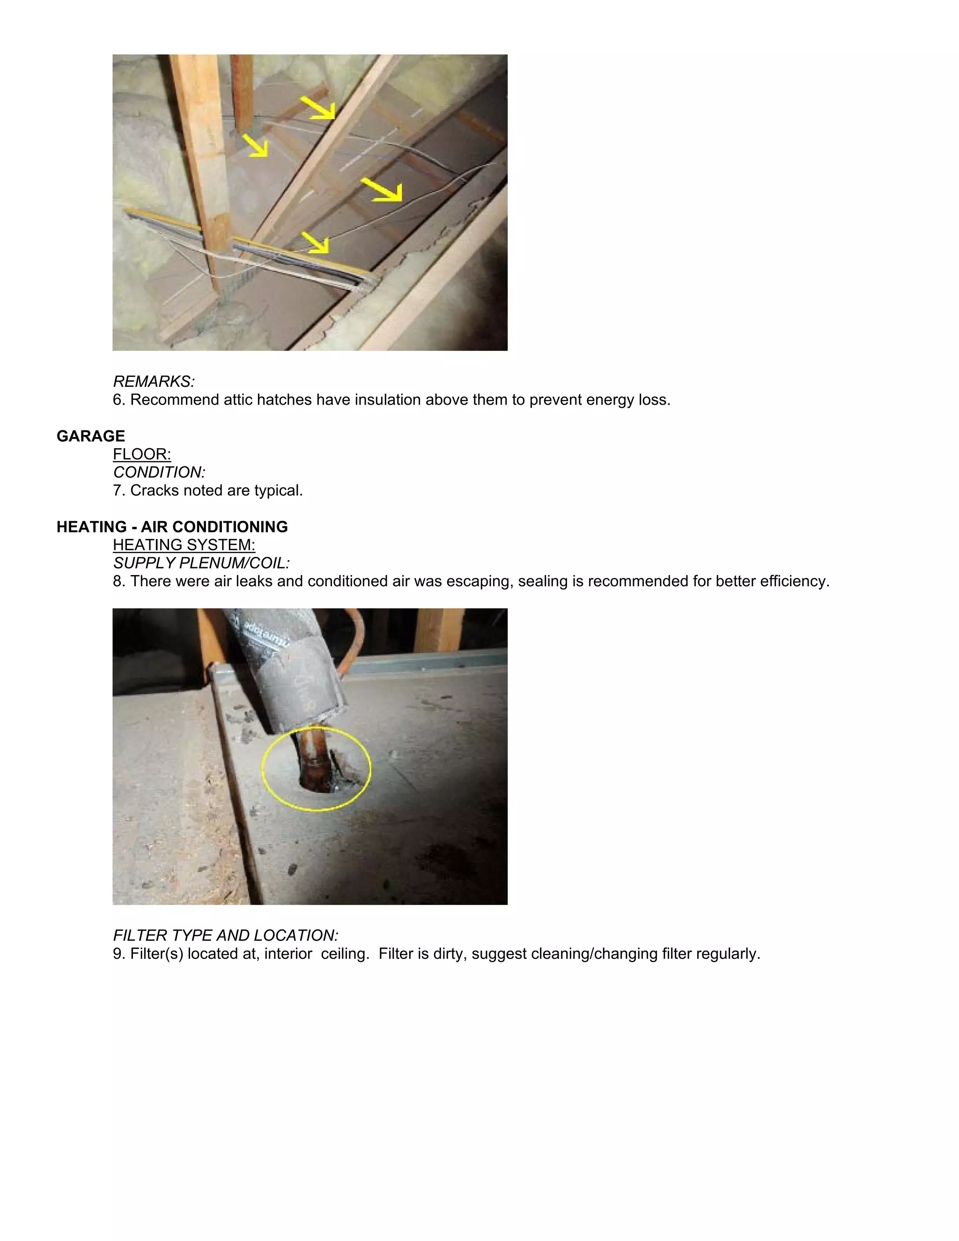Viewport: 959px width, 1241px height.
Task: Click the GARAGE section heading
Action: coord(90,436)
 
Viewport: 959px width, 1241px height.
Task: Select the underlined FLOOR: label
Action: coord(141,454)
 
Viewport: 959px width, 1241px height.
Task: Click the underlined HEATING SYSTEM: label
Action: coord(184,545)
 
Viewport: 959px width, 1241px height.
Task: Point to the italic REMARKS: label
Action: coord(154,381)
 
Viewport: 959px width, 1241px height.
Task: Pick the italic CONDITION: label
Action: coord(159,472)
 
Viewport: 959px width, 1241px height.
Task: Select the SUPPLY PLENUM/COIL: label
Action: coord(201,563)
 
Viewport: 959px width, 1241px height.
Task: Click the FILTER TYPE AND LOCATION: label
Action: coord(226,935)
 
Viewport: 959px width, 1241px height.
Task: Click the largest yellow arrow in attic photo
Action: coord(383,189)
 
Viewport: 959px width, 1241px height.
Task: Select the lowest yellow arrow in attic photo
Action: coord(315,242)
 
